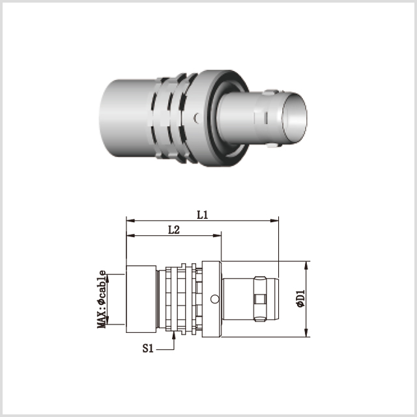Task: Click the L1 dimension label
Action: (x=203, y=215)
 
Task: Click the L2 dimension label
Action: (x=174, y=230)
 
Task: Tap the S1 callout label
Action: (x=148, y=348)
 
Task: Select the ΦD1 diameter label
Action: (x=301, y=299)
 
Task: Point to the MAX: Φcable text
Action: (x=102, y=299)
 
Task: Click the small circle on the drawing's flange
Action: (x=214, y=299)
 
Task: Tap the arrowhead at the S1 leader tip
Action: (x=174, y=336)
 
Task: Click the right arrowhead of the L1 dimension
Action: (x=274, y=220)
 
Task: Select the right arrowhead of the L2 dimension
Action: (x=217, y=235)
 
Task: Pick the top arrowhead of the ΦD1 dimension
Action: (x=306, y=265)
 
